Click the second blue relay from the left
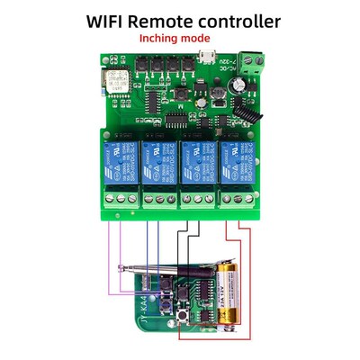point(158,158)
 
